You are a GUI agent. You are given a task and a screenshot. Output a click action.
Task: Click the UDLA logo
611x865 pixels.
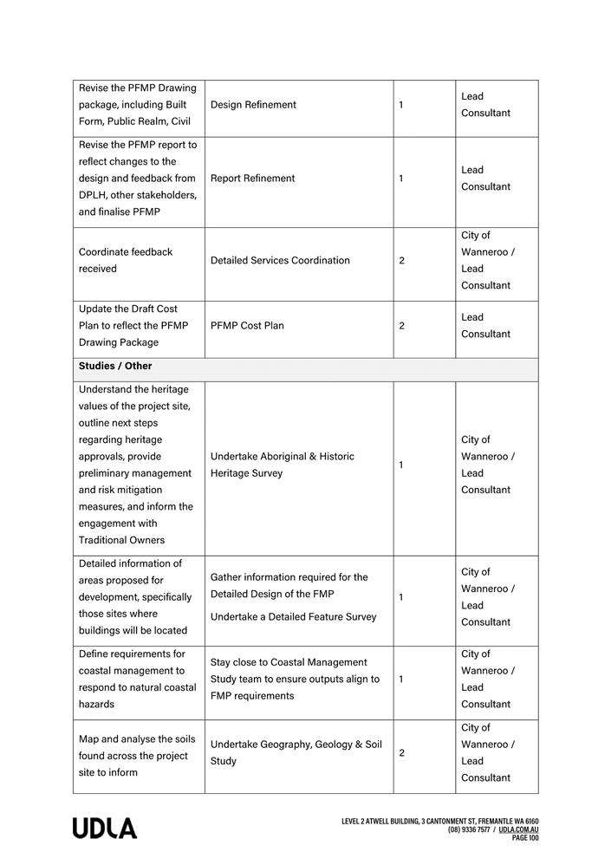point(105,829)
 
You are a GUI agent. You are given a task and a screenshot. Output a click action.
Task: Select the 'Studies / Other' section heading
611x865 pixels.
point(115,367)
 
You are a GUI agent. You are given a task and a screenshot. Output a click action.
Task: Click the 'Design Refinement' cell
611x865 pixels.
point(253,105)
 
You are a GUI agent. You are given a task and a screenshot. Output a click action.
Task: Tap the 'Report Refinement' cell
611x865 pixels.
point(252,179)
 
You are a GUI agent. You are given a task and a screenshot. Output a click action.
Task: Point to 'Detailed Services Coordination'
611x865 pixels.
point(280,261)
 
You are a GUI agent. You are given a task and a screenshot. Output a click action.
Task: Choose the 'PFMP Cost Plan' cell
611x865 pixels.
point(247,326)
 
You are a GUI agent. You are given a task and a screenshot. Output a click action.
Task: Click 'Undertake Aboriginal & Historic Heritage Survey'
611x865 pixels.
point(282,465)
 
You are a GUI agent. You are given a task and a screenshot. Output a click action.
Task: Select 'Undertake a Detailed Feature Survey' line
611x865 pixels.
point(293,617)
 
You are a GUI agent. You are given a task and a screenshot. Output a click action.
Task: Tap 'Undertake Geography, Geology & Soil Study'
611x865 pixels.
point(296,753)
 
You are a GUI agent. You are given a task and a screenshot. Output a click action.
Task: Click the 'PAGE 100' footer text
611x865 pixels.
point(525,838)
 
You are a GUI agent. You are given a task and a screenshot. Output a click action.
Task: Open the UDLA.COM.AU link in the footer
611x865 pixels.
point(518,829)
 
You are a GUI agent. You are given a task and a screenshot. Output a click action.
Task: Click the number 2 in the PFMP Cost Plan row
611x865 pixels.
point(401,326)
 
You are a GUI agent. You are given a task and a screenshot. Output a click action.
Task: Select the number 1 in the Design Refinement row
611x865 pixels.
point(401,105)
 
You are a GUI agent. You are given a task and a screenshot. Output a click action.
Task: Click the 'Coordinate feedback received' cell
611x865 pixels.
point(126,261)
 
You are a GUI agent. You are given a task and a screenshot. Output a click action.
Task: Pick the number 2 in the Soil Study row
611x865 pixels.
point(401,753)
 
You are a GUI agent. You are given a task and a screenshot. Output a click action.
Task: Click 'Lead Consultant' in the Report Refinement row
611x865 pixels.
point(485,179)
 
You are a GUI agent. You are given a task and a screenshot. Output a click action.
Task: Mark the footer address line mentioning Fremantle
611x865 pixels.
point(440,821)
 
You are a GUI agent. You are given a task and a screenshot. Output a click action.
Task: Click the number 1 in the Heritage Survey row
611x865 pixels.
point(401,465)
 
